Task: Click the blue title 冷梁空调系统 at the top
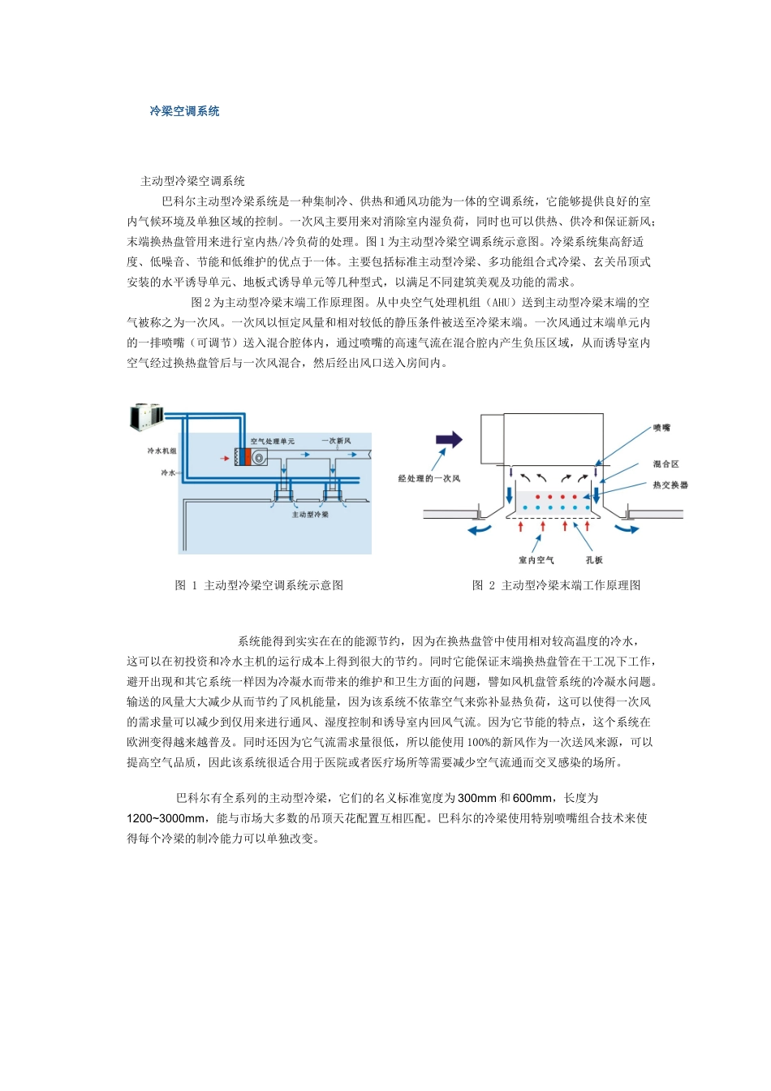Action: pyautogui.click(x=184, y=111)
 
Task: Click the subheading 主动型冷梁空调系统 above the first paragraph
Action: pyautogui.click(x=192, y=181)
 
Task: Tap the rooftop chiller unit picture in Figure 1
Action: pyautogui.click(x=146, y=416)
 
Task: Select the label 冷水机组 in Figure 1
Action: pyautogui.click(x=162, y=451)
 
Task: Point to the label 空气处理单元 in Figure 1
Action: pyautogui.click(x=272, y=442)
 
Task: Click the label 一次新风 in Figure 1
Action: pyautogui.click(x=335, y=441)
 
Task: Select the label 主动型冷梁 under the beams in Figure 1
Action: pyautogui.click(x=310, y=515)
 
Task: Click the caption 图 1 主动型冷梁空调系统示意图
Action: pyautogui.click(x=259, y=585)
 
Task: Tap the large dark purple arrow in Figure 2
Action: pyautogui.click(x=449, y=439)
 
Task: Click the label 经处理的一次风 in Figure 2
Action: pyautogui.click(x=429, y=479)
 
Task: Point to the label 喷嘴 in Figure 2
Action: pyautogui.click(x=661, y=427)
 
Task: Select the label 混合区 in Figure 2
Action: pyautogui.click(x=665, y=464)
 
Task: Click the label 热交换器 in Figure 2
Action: pyautogui.click(x=670, y=485)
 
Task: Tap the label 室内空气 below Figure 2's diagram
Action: pyautogui.click(x=536, y=560)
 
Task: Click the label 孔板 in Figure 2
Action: pyautogui.click(x=594, y=560)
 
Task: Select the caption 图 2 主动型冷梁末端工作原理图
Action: pyautogui.click(x=557, y=585)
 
